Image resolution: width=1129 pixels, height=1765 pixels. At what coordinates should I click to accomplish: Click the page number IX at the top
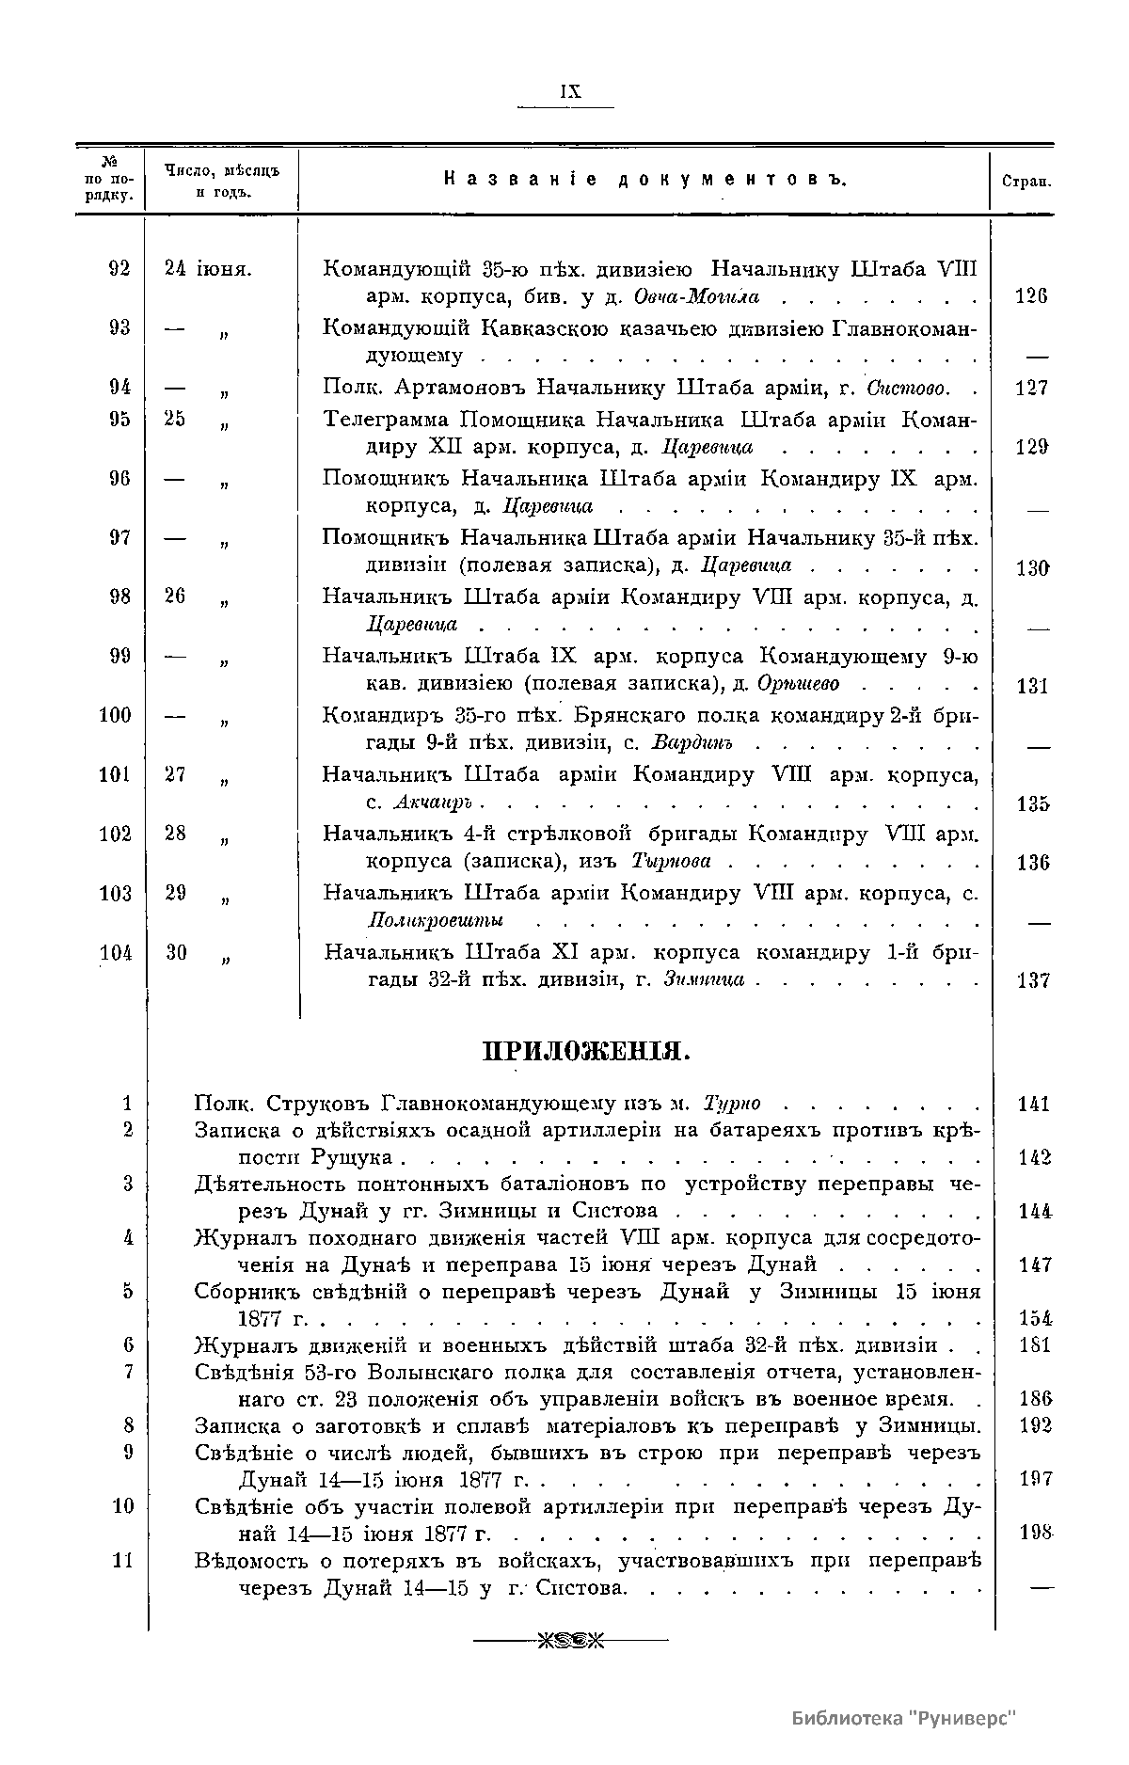[569, 91]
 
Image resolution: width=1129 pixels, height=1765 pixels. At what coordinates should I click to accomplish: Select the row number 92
[119, 268]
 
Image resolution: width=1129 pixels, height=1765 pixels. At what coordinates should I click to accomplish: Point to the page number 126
[1033, 296]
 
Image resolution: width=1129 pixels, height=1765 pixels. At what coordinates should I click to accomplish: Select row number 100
[116, 715]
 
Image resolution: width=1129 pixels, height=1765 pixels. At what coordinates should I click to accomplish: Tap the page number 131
[1033, 686]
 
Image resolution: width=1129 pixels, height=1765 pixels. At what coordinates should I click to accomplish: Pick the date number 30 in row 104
[176, 953]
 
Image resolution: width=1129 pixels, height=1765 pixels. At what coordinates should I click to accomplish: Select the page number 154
[1035, 1318]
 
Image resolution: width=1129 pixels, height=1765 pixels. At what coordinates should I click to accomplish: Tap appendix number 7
[129, 1372]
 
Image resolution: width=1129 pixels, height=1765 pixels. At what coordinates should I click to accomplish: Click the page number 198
[1034, 1533]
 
